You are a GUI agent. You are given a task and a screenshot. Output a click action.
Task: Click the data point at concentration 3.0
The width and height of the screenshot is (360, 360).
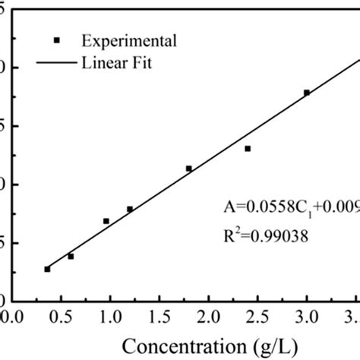(307, 93)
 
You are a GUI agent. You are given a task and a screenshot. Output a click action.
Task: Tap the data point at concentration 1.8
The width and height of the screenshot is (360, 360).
(189, 169)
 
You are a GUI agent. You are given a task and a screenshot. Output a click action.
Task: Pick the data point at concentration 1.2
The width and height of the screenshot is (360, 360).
(130, 209)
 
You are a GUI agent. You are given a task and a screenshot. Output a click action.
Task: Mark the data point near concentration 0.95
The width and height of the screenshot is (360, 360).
(106, 221)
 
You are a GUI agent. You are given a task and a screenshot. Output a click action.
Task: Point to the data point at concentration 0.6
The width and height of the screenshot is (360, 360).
(71, 257)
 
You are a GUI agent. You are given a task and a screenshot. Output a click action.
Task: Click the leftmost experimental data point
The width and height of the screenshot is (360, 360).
(47, 269)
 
